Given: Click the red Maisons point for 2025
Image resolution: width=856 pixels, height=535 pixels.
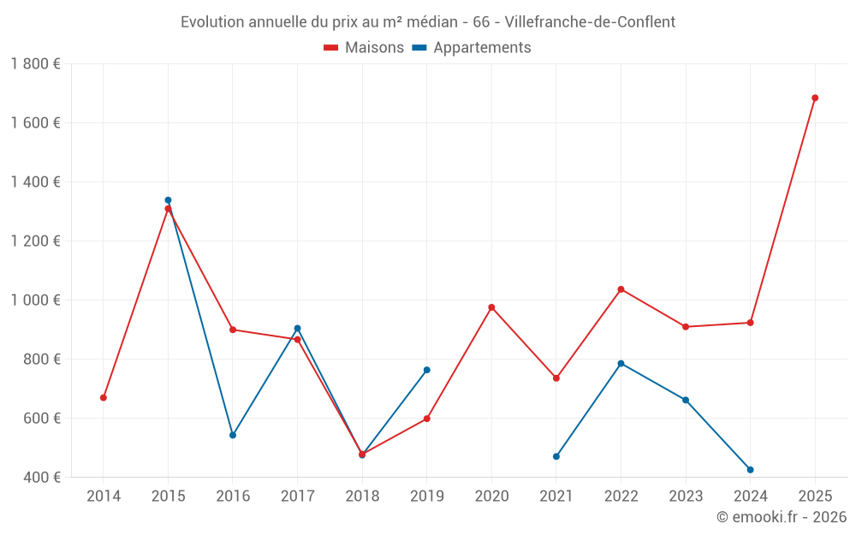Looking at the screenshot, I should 815,98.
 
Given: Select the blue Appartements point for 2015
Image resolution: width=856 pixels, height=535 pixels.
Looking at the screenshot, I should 168,200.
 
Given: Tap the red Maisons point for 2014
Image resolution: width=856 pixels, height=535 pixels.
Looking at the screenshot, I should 104,397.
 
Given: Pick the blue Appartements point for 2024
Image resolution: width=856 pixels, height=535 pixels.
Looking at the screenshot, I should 751,470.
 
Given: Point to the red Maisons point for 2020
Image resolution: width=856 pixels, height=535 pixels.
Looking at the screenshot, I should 491,307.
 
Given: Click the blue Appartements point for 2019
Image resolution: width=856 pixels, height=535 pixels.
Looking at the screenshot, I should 427,370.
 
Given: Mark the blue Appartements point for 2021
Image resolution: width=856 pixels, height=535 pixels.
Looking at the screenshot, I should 556,456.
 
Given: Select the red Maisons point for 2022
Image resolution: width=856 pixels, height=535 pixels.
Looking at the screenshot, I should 621,289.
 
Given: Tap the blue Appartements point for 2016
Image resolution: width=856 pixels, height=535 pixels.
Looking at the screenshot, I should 233,435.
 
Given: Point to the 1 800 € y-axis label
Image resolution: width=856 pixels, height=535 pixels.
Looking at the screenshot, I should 35,63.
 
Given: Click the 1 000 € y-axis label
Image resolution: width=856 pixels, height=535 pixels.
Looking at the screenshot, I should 35,300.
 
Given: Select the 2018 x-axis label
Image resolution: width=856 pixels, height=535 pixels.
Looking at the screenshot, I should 362,496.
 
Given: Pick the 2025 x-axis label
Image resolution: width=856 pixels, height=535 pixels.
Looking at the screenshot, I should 815,496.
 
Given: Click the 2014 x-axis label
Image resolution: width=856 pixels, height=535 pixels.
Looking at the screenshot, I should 104,496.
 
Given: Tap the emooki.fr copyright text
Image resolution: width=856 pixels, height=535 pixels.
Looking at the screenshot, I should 782,517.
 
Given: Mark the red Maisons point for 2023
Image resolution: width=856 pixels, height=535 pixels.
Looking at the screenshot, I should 686,327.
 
